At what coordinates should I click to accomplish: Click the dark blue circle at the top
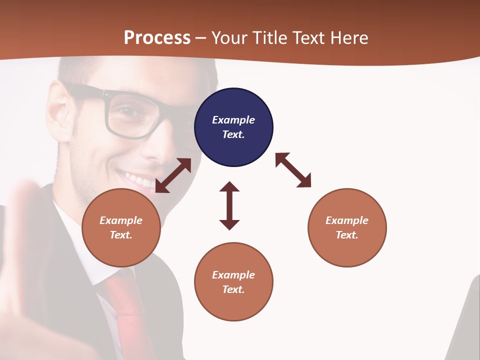pos(233,127)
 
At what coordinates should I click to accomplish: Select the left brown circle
pos(121,227)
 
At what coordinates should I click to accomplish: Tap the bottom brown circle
pos(233,281)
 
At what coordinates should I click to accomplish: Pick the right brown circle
pos(347,227)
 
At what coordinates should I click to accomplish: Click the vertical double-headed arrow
pos(229,205)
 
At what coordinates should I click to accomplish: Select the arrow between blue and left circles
pos(173,175)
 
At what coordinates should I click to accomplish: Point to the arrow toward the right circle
pos(293,170)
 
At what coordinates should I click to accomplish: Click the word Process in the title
pos(157,37)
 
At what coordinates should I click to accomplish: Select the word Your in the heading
pos(230,37)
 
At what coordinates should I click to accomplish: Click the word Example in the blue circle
pos(233,120)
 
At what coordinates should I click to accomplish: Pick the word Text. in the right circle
pos(347,235)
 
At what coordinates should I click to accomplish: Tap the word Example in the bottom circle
pos(233,274)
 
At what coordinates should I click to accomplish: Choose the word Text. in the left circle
pos(121,235)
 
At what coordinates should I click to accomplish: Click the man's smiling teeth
pos(140,180)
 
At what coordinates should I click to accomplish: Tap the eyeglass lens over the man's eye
pos(130,115)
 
